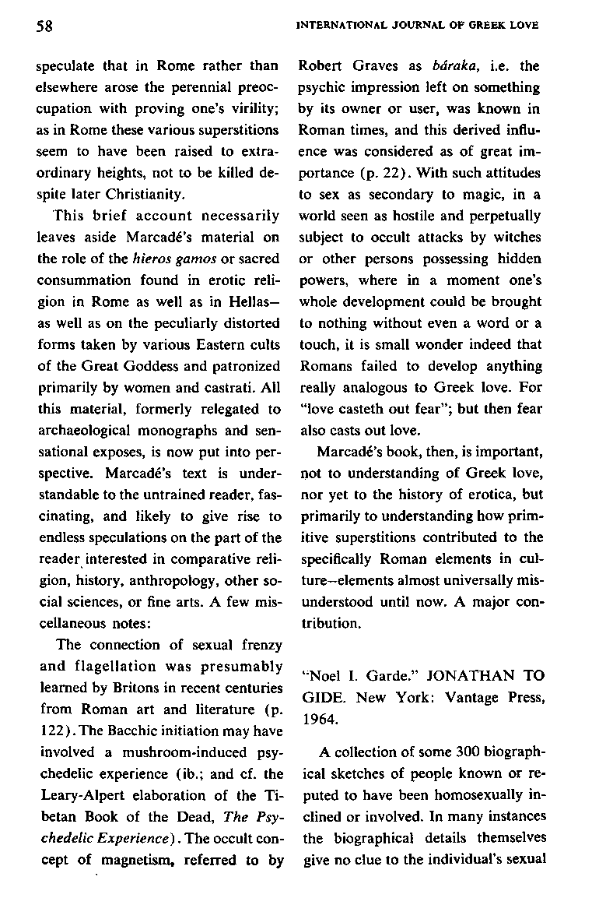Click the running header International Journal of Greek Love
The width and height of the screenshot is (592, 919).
pos(418,25)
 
